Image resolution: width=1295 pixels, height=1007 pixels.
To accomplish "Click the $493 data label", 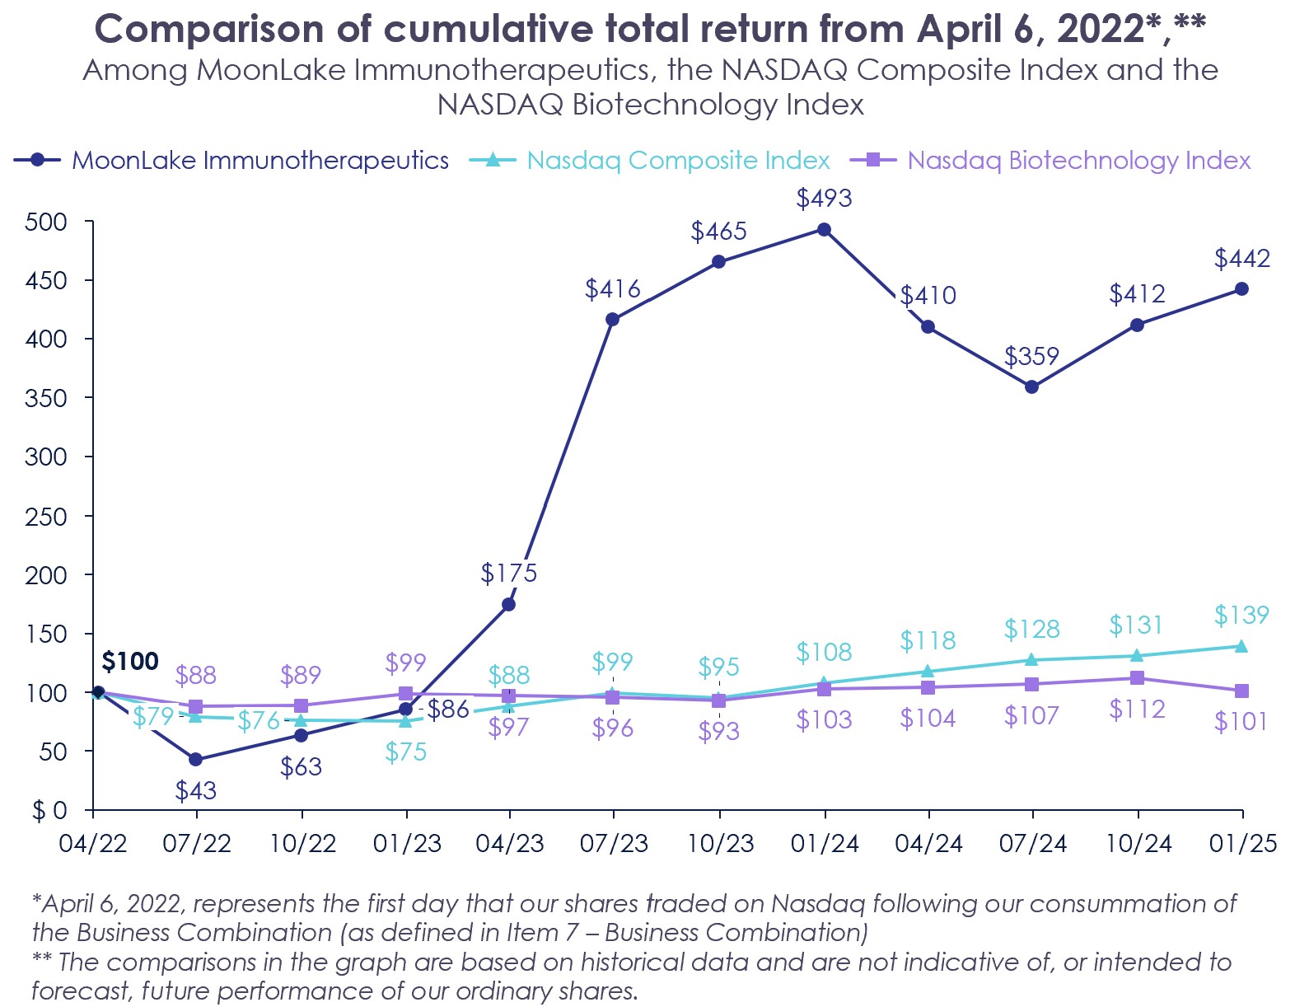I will [x=824, y=199].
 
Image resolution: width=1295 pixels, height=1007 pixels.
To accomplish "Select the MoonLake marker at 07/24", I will [x=1031, y=386].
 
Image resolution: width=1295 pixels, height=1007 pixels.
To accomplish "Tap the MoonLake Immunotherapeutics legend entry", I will [x=231, y=160].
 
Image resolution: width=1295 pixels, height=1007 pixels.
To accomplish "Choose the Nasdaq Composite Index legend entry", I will [x=650, y=160].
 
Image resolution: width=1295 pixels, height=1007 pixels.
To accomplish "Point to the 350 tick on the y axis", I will [x=45, y=398].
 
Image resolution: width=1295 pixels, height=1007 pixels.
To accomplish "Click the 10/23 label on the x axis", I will [x=720, y=843].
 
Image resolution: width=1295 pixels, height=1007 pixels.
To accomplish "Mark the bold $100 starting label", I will [x=129, y=661].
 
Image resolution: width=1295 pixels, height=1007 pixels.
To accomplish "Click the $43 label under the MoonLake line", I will [x=196, y=791].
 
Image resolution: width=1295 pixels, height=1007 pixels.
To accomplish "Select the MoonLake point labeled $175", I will [x=508, y=604].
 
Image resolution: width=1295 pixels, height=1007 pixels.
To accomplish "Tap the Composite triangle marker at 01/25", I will [x=1241, y=646].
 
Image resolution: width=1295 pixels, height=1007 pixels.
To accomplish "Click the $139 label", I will [x=1241, y=616].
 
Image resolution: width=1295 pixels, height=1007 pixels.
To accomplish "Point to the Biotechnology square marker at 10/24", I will [x=1137, y=677].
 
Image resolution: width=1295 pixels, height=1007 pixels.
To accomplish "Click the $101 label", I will [x=1241, y=722].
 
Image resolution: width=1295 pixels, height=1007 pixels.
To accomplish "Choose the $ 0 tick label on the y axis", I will [x=49, y=811].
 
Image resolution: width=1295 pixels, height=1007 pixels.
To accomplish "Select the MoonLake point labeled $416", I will [x=612, y=319].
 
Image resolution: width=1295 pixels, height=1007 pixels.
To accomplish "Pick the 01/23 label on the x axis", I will [x=406, y=843].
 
